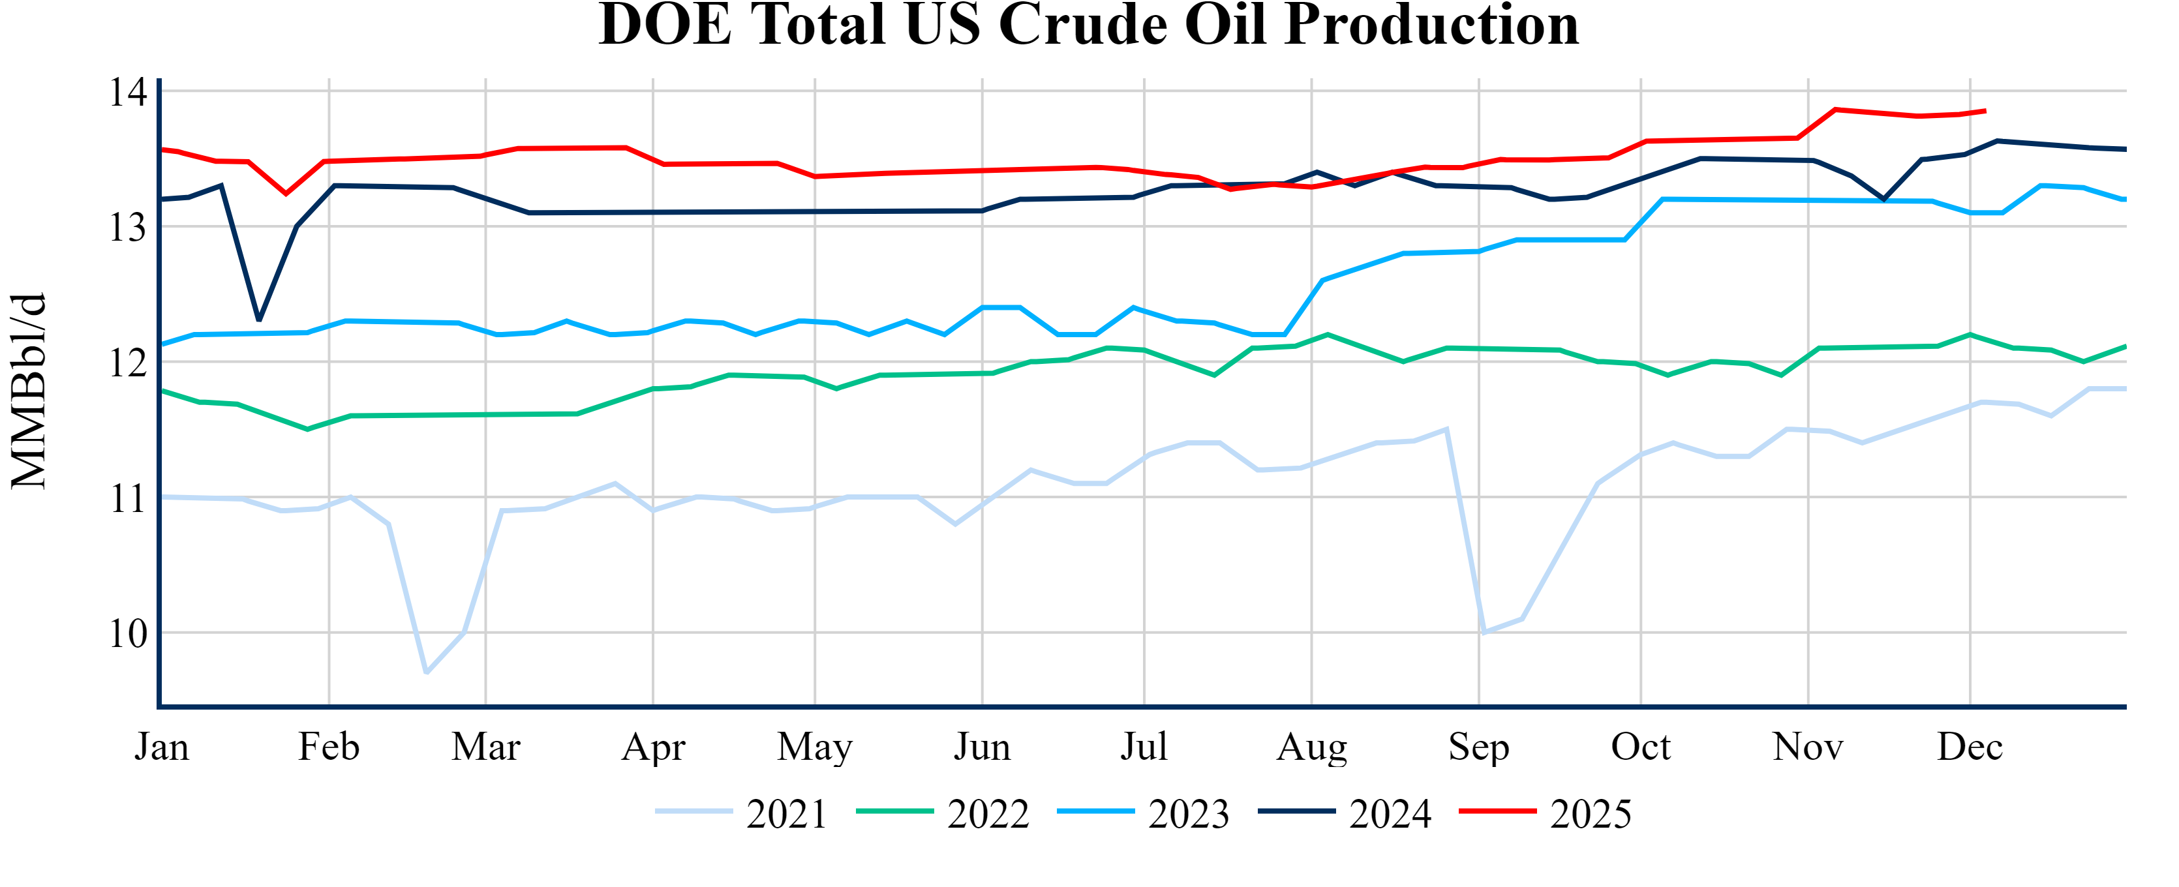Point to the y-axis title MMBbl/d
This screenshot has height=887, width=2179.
[28, 391]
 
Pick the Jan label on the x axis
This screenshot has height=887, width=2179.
[162, 747]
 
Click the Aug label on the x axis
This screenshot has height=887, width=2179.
[1311, 747]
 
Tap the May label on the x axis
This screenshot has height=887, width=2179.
[815, 747]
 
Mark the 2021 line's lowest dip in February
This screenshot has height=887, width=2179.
[426, 672]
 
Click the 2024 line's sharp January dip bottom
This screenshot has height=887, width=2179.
[259, 320]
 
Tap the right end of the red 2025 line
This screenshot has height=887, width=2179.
[1985, 111]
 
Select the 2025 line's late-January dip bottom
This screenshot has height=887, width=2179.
[286, 194]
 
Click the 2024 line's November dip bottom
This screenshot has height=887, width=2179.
[1883, 200]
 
